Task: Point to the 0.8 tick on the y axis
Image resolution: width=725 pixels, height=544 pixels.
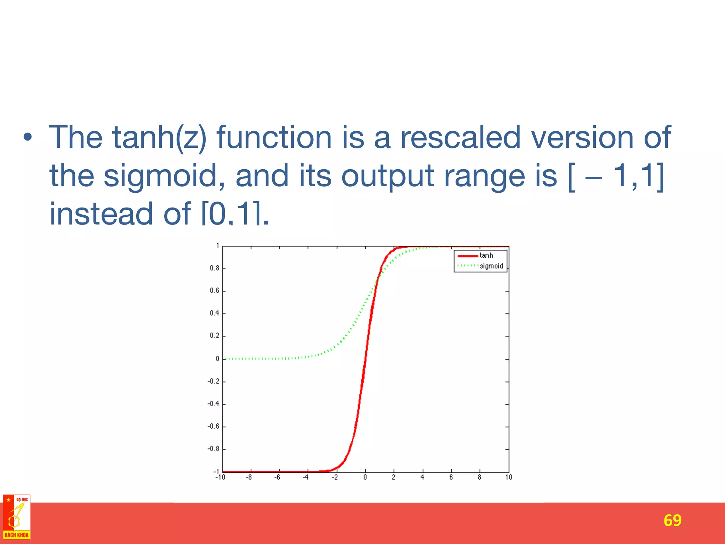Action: [x=215, y=268]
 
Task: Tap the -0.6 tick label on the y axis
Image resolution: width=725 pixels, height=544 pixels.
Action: [x=213, y=426]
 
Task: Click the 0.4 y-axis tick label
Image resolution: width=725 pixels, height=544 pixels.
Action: [x=215, y=313]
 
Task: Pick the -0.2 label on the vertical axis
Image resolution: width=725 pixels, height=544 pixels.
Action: [x=213, y=381]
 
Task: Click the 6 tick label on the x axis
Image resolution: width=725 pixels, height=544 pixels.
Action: [x=451, y=477]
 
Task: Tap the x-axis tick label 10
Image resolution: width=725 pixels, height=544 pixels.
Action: [x=508, y=477]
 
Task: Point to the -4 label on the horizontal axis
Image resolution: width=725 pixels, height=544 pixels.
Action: [x=306, y=477]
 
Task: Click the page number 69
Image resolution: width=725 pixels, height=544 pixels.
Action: [x=672, y=521]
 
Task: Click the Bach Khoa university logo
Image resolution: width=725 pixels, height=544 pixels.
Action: [x=17, y=517]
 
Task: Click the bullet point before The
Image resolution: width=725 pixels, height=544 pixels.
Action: [x=28, y=137]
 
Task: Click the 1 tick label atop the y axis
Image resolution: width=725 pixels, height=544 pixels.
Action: [x=218, y=245]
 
